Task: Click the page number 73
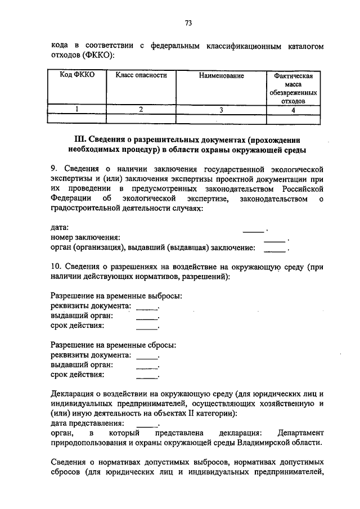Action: [x=188, y=23]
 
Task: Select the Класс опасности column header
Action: [x=141, y=75]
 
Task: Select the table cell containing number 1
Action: [x=77, y=110]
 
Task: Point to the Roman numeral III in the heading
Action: [x=79, y=139]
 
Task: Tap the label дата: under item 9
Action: [x=60, y=227]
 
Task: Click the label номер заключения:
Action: [x=85, y=237]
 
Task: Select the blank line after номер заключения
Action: [x=274, y=238]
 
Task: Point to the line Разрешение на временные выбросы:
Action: [x=116, y=296]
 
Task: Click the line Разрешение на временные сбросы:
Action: [x=114, y=345]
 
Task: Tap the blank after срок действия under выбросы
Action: [x=147, y=326]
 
